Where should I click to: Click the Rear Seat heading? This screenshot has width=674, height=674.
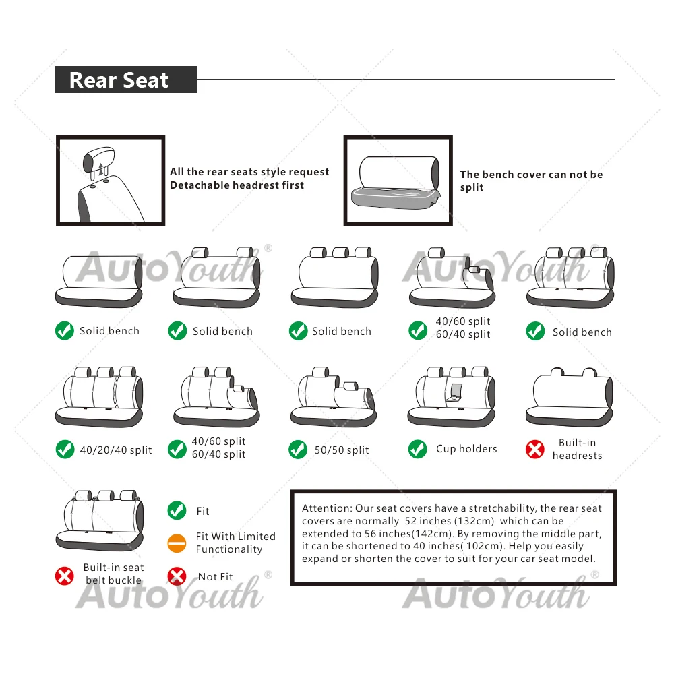[119, 80]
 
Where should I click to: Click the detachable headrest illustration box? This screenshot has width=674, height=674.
[111, 181]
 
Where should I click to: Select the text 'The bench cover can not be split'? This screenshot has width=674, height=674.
[531, 181]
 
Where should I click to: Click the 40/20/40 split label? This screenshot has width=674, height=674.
[116, 450]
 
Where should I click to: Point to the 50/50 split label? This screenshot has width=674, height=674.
[342, 450]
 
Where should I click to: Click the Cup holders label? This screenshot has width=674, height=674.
[466, 449]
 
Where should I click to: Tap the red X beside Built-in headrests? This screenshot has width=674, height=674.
[535, 450]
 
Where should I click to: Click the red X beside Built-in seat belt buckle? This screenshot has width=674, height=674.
[65, 576]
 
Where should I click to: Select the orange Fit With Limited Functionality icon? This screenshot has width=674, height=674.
[177, 543]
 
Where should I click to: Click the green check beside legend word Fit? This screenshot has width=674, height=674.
[177, 511]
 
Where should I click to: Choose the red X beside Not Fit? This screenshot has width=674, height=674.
[177, 576]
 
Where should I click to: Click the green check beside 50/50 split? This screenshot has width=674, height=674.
[298, 450]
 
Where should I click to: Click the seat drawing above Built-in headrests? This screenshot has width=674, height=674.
[570, 398]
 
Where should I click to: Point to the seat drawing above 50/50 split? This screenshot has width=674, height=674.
[334, 398]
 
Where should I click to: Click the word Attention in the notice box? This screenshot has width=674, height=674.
[327, 508]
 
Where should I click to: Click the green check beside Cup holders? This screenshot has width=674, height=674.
[418, 449]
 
